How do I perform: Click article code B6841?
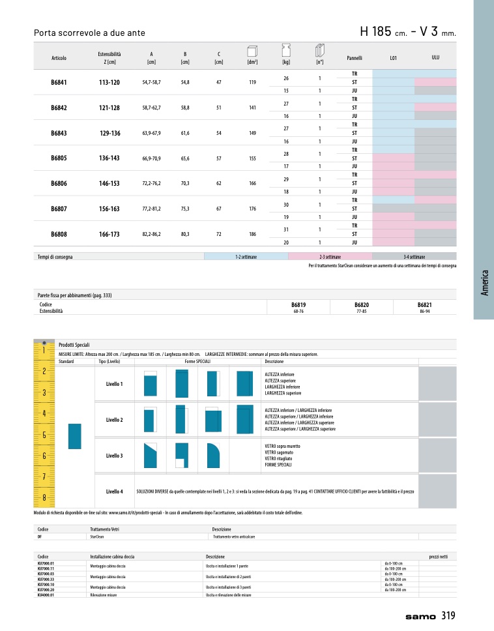click(59, 83)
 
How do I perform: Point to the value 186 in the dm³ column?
click(252, 233)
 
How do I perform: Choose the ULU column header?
click(435, 57)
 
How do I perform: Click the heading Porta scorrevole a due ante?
click(89, 33)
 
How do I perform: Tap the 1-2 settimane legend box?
click(246, 257)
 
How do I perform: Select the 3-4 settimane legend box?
click(414, 257)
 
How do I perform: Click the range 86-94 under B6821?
click(424, 311)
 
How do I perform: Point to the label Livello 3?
click(115, 455)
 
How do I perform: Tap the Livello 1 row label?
click(115, 384)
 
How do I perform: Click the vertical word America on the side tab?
click(484, 283)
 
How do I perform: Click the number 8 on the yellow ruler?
click(43, 498)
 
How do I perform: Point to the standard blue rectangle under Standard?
click(74, 435)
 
